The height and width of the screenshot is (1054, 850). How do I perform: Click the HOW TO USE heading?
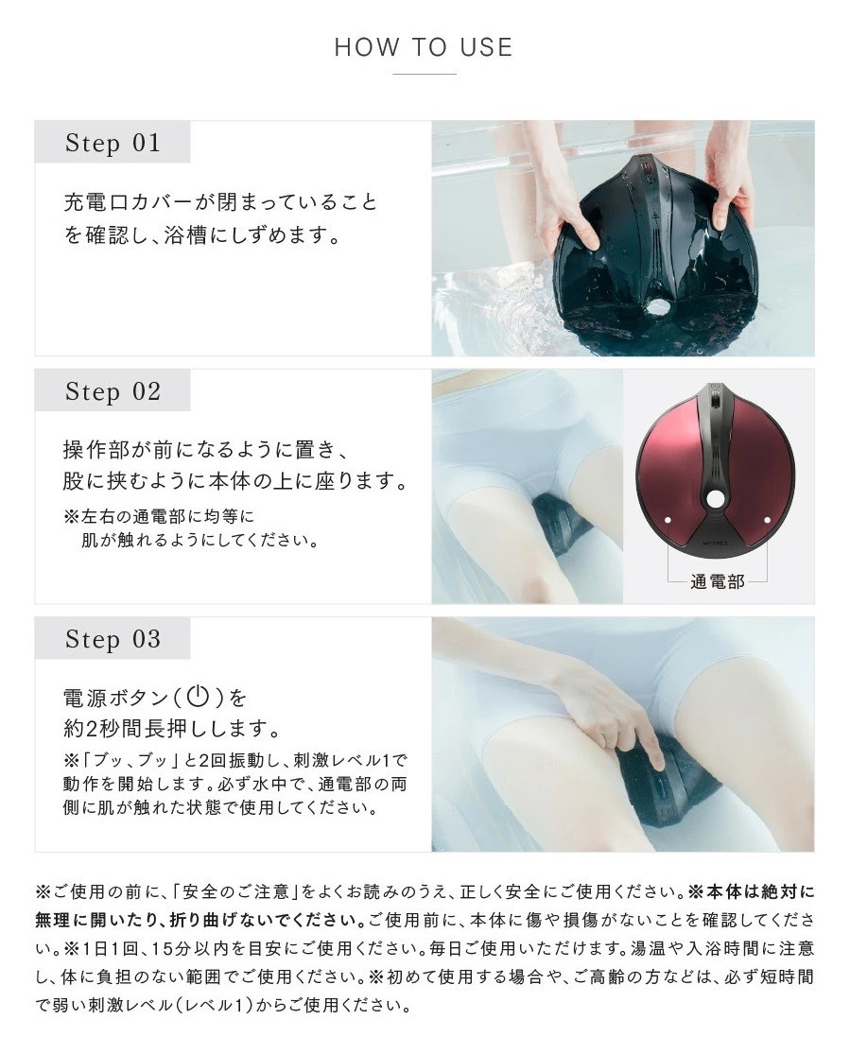point(424,47)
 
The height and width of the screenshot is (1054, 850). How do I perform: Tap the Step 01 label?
point(113,143)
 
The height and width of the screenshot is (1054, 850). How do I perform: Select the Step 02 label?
point(113,391)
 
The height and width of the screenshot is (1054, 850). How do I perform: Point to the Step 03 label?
point(113,639)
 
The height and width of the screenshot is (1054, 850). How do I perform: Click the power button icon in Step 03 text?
point(198,696)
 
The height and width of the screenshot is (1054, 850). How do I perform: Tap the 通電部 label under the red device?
point(717,581)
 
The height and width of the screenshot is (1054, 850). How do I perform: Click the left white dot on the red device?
point(668,520)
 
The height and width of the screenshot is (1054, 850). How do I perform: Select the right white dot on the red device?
point(767,520)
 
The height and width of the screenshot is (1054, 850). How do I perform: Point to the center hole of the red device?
point(716,499)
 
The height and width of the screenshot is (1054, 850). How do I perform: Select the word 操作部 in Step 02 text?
point(95,449)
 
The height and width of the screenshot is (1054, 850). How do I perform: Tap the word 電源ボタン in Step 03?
point(115,697)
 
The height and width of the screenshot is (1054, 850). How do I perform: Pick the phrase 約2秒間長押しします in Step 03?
point(171,728)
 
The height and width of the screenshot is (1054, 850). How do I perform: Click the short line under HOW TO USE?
point(425,74)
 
